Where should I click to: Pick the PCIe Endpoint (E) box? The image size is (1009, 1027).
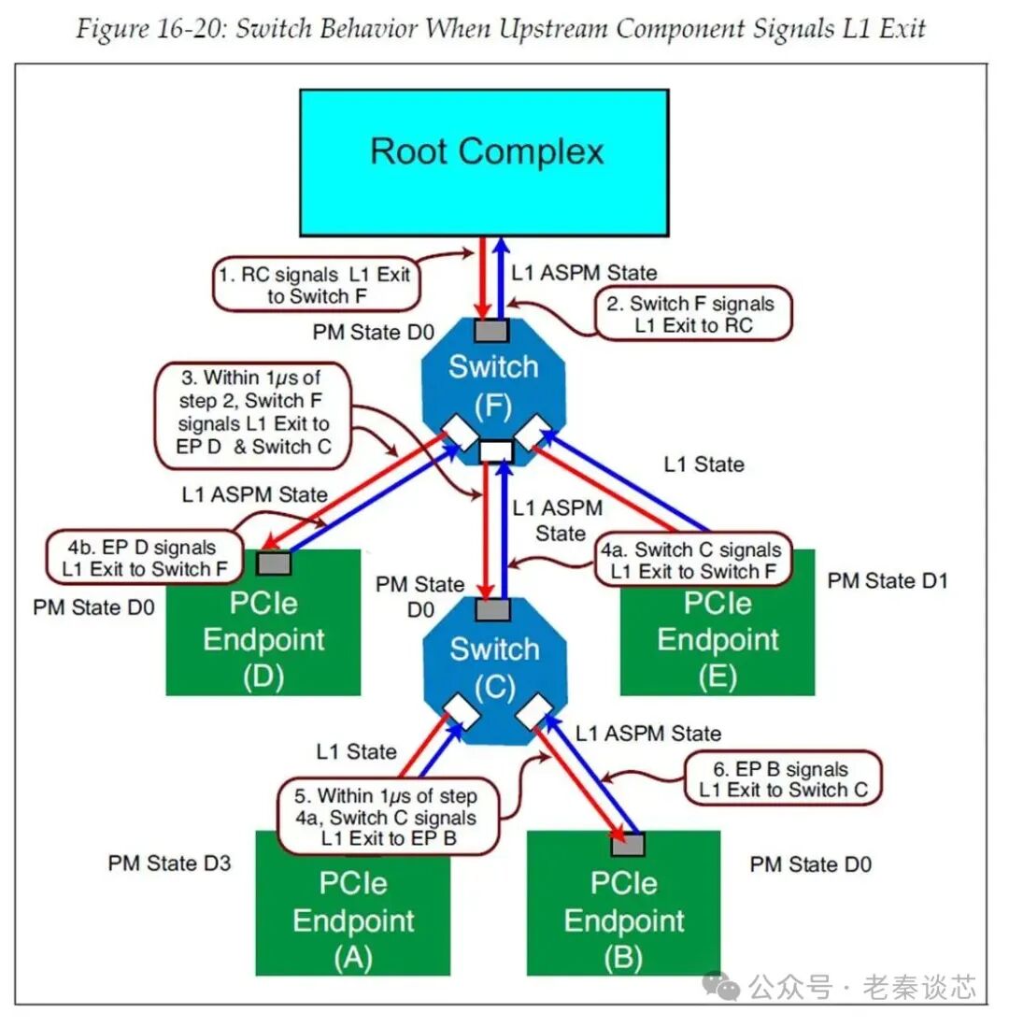pos(717,645)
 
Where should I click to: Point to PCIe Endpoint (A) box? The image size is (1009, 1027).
pos(353,920)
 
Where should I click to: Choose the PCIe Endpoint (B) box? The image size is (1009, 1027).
pos(624,920)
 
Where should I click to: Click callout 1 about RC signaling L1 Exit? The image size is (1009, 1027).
pos(315,287)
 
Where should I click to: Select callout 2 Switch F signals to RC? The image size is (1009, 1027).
pos(693,314)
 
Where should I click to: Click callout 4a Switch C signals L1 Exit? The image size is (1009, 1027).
pos(690,561)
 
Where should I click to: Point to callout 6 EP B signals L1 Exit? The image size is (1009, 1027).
pos(783,779)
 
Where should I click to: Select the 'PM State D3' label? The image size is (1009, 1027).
pos(169,862)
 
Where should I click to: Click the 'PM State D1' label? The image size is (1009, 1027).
pos(888,581)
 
